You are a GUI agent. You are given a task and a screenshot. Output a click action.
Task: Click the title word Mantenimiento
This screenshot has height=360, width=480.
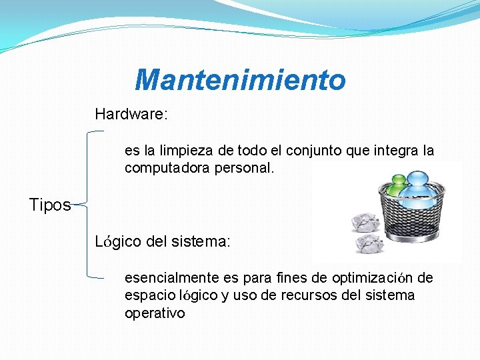coord(240,81)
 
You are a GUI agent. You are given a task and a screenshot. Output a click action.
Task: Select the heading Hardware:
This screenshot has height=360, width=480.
coord(131,114)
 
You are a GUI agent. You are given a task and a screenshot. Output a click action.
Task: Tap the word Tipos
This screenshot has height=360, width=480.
coord(49,205)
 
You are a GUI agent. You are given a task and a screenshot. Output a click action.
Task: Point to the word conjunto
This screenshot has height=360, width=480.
coord(316,151)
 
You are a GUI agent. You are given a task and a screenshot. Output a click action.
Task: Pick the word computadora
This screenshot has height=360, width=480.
coord(167,169)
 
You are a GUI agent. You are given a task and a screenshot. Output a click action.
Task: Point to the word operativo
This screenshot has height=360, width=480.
coord(155,313)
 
